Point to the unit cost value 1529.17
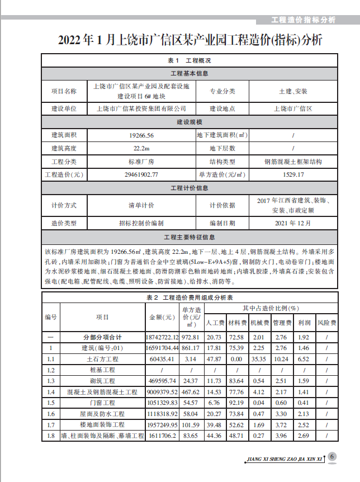coord(293,174)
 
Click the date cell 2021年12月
coord(293,223)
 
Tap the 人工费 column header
coord(215,323)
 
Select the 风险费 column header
coord(326,323)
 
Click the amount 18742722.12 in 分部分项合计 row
coord(161,338)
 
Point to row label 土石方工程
coord(102,359)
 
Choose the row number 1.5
coord(51,403)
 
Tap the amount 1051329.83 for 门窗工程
coord(161,403)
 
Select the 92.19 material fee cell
coord(236,403)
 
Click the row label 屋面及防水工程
coord(102,414)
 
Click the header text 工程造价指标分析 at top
coord(303,21)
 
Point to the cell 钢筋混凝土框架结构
coord(293,162)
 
